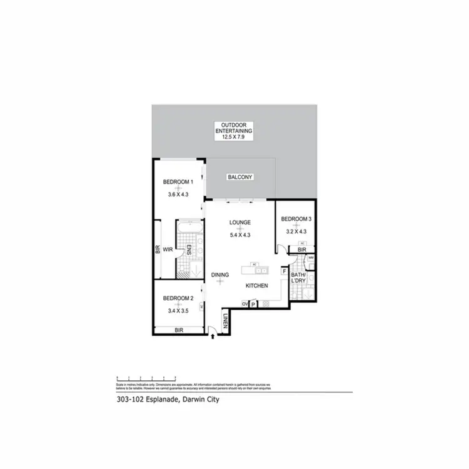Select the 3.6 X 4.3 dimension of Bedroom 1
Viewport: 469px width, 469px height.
click(x=178, y=194)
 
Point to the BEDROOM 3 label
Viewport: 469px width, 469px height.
click(x=296, y=219)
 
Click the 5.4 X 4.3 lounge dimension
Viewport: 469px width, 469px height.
click(x=240, y=235)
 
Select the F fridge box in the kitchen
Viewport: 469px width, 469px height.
click(x=284, y=272)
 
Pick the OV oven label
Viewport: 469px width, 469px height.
click(x=245, y=304)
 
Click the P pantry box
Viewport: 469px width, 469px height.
click(x=254, y=304)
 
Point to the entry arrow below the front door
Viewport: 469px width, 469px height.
click(x=214, y=336)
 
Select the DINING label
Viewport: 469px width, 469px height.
click(x=219, y=275)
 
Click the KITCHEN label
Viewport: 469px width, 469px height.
click(x=256, y=286)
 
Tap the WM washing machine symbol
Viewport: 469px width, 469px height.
click(x=311, y=257)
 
